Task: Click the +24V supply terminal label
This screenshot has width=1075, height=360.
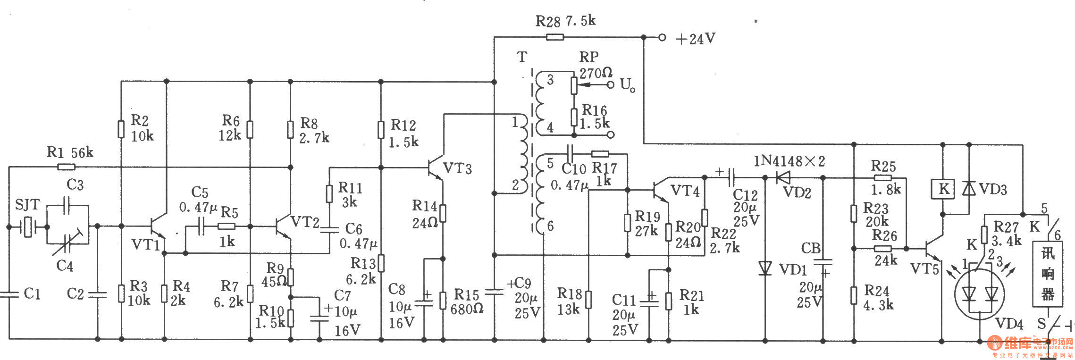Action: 695,39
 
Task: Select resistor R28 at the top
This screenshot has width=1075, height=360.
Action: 555,37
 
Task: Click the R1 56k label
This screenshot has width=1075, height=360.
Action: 70,152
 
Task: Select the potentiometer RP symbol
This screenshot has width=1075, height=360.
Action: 574,85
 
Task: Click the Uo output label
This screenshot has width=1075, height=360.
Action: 627,85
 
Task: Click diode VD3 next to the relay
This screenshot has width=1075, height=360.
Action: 969,189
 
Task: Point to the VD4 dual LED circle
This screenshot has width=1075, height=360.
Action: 980,294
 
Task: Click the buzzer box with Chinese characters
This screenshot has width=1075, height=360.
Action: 1048,274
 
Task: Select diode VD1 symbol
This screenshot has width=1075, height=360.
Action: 765,268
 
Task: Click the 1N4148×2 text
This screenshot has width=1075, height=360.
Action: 789,161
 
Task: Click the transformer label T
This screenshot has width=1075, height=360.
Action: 522,57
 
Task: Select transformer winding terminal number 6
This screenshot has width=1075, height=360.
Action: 550,226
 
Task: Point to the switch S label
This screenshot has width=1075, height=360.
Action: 1041,324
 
